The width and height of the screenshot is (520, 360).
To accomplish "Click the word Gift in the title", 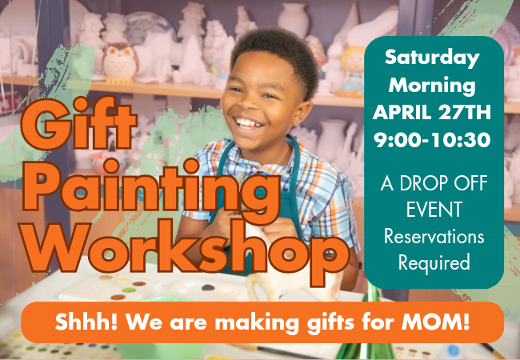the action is (x=79, y=123).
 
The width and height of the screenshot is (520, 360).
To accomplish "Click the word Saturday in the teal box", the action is (x=432, y=58).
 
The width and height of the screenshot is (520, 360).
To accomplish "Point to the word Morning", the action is (x=432, y=86).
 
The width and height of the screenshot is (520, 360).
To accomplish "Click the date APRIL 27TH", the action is (x=432, y=112).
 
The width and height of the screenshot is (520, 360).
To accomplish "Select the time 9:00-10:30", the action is (x=432, y=139).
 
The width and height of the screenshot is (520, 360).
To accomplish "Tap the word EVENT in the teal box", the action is (x=434, y=210).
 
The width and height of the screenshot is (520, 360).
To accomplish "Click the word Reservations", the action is (x=434, y=236).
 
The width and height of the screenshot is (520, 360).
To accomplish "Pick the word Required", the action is (x=434, y=263).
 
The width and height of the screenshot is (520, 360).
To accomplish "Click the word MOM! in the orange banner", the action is (x=435, y=322).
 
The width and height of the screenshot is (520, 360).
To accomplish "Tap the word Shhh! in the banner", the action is (x=86, y=322).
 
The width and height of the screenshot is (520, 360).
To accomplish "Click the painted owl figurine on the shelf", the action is (x=120, y=62).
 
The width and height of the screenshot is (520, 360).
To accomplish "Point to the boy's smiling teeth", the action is (x=248, y=123).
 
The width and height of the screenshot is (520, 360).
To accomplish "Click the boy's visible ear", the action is (x=302, y=112).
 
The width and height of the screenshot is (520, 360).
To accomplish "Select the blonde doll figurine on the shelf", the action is (x=353, y=70).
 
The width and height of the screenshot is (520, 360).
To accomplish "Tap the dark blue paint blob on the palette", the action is (x=208, y=287).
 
